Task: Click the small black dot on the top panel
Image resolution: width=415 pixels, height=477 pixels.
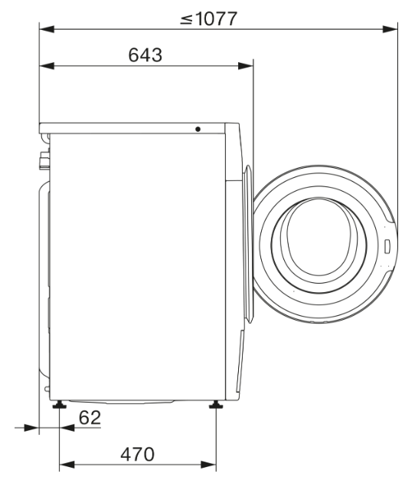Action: click(x=198, y=129)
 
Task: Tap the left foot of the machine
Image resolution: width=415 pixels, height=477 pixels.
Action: click(x=59, y=404)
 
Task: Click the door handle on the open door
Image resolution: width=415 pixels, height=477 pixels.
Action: click(x=387, y=246)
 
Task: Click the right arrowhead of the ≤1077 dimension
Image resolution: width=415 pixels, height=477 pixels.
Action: click(x=391, y=29)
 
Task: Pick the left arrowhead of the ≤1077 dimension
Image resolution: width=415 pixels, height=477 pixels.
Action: click(x=45, y=29)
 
